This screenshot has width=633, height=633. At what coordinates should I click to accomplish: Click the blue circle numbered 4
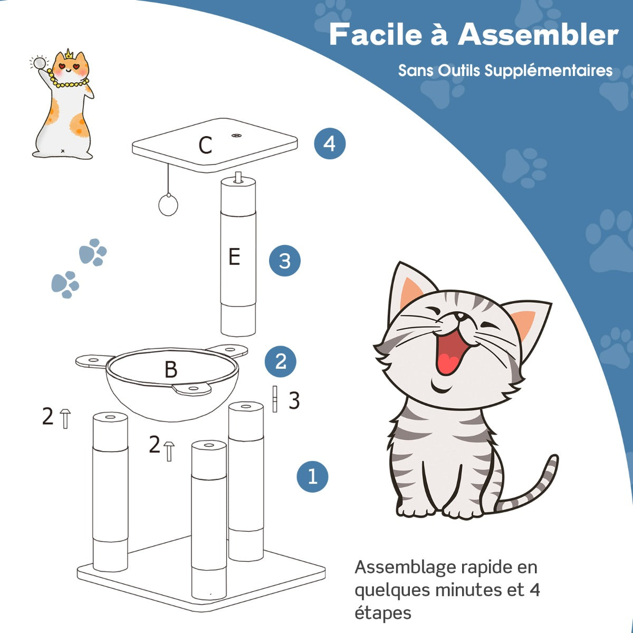330,143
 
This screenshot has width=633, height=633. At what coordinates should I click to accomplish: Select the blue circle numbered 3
284,261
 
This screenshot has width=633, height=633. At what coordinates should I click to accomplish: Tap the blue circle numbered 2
281,361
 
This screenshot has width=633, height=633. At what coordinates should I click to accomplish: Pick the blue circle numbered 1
312,476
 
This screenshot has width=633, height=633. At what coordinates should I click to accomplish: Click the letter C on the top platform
205,145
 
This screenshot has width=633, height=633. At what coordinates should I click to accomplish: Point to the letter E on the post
234,257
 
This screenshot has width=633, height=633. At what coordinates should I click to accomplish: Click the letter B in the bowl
170,370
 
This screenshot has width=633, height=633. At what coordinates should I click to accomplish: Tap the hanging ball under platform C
168,205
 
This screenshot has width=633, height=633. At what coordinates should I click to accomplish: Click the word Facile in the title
376,35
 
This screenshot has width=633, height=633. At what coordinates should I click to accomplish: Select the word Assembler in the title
538,35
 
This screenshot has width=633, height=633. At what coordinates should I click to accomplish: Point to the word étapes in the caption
382,613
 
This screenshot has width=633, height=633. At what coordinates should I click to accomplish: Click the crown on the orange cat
69,54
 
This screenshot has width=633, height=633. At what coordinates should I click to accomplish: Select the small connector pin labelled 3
274,399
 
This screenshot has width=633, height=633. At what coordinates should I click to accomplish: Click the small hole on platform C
235,136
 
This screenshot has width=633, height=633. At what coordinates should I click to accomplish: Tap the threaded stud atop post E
238,177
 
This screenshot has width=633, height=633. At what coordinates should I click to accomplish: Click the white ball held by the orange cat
39,63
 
